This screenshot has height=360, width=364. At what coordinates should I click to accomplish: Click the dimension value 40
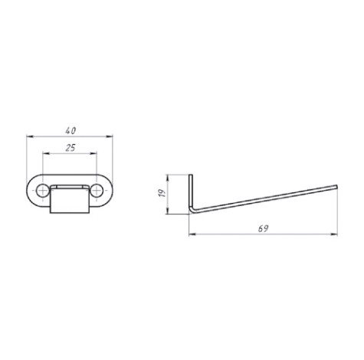(71, 131)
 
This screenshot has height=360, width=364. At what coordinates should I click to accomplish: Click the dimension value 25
(71, 148)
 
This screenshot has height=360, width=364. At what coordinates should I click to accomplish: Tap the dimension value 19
(162, 193)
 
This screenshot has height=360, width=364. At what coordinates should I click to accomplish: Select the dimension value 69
(263, 228)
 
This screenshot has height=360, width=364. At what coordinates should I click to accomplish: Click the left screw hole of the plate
(42, 191)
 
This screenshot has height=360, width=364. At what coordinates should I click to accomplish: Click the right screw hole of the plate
(97, 191)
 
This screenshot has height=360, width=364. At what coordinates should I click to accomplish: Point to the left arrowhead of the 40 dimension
(30, 136)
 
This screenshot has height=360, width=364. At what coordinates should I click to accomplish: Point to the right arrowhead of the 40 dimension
(110, 136)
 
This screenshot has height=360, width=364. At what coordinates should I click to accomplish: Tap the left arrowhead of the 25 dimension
(46, 153)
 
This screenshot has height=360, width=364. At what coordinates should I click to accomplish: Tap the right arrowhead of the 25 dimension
(93, 153)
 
